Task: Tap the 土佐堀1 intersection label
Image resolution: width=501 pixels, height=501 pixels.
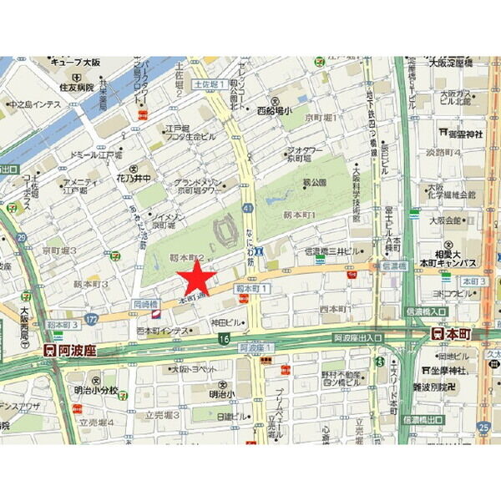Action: [x=209, y=84]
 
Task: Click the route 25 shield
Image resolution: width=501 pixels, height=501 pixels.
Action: [x=485, y=427]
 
